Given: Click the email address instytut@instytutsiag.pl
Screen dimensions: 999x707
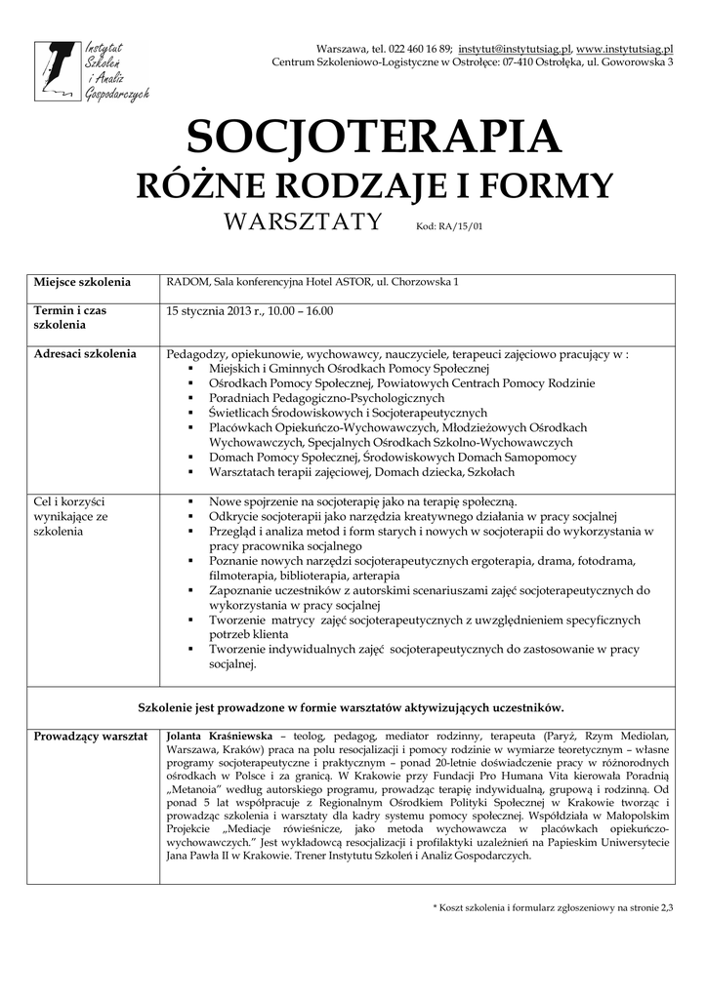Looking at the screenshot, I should pyautogui.click(x=514, y=48).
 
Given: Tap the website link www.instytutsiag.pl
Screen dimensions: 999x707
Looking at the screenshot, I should pyautogui.click(x=625, y=48).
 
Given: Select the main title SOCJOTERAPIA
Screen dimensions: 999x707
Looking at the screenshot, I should pyautogui.click(x=375, y=137).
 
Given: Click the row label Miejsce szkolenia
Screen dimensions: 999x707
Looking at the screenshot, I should pyautogui.click(x=82, y=283).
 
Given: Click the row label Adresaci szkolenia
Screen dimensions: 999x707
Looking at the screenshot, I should pyautogui.click(x=85, y=353).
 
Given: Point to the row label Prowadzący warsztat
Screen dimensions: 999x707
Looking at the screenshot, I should pyautogui.click(x=90, y=736).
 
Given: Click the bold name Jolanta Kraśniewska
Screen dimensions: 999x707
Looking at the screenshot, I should pyautogui.click(x=221, y=736).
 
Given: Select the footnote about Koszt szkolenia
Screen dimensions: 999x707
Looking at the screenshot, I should pyautogui.click(x=553, y=908).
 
